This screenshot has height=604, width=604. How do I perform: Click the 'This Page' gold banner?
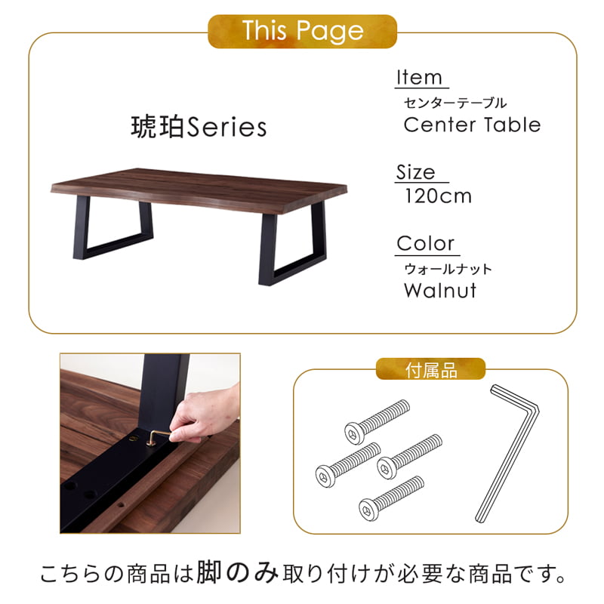pos(303,31)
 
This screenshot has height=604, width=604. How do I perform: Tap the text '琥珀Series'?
pos(199,126)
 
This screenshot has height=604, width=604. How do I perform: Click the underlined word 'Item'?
pos(419,77)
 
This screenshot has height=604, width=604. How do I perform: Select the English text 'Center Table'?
pos(472,124)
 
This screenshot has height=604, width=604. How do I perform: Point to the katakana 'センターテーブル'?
pos(455,102)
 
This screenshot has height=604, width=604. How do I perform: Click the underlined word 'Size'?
pos(416,171)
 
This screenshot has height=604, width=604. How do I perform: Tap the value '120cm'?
pos(438,196)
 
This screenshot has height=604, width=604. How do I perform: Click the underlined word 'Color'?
pos(426,243)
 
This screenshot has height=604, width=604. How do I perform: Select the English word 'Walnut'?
pos(440,290)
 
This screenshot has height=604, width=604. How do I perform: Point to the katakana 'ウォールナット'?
pos(448,268)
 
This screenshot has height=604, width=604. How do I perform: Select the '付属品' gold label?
pos(430,370)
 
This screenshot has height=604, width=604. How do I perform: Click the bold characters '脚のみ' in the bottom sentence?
pos(238,576)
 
